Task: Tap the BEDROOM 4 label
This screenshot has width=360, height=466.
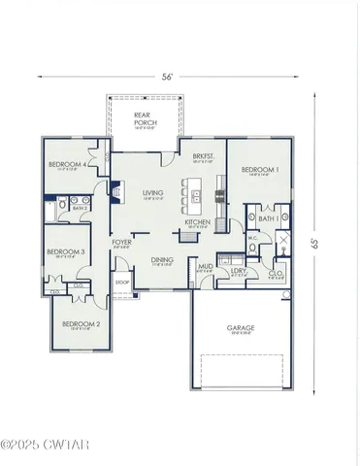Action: [x=66, y=165]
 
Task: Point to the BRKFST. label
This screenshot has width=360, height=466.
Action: [x=203, y=156]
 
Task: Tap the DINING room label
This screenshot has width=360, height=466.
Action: [x=161, y=259]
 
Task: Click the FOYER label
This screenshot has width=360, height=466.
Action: [x=122, y=242]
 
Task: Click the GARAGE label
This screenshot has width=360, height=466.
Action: [x=241, y=328]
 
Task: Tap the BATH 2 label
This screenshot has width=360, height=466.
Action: [x=81, y=208]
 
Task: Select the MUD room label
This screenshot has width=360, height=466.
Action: [x=206, y=265]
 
